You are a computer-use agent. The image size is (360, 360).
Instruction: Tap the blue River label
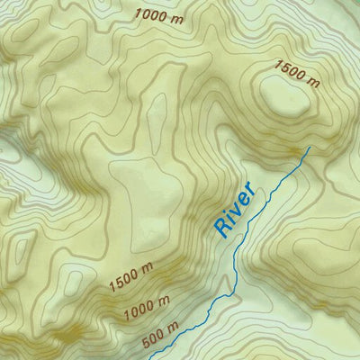coord(237,210)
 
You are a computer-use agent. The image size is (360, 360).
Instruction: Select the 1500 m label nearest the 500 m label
coord(131,277)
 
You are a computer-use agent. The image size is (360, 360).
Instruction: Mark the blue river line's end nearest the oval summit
coord(309,147)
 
